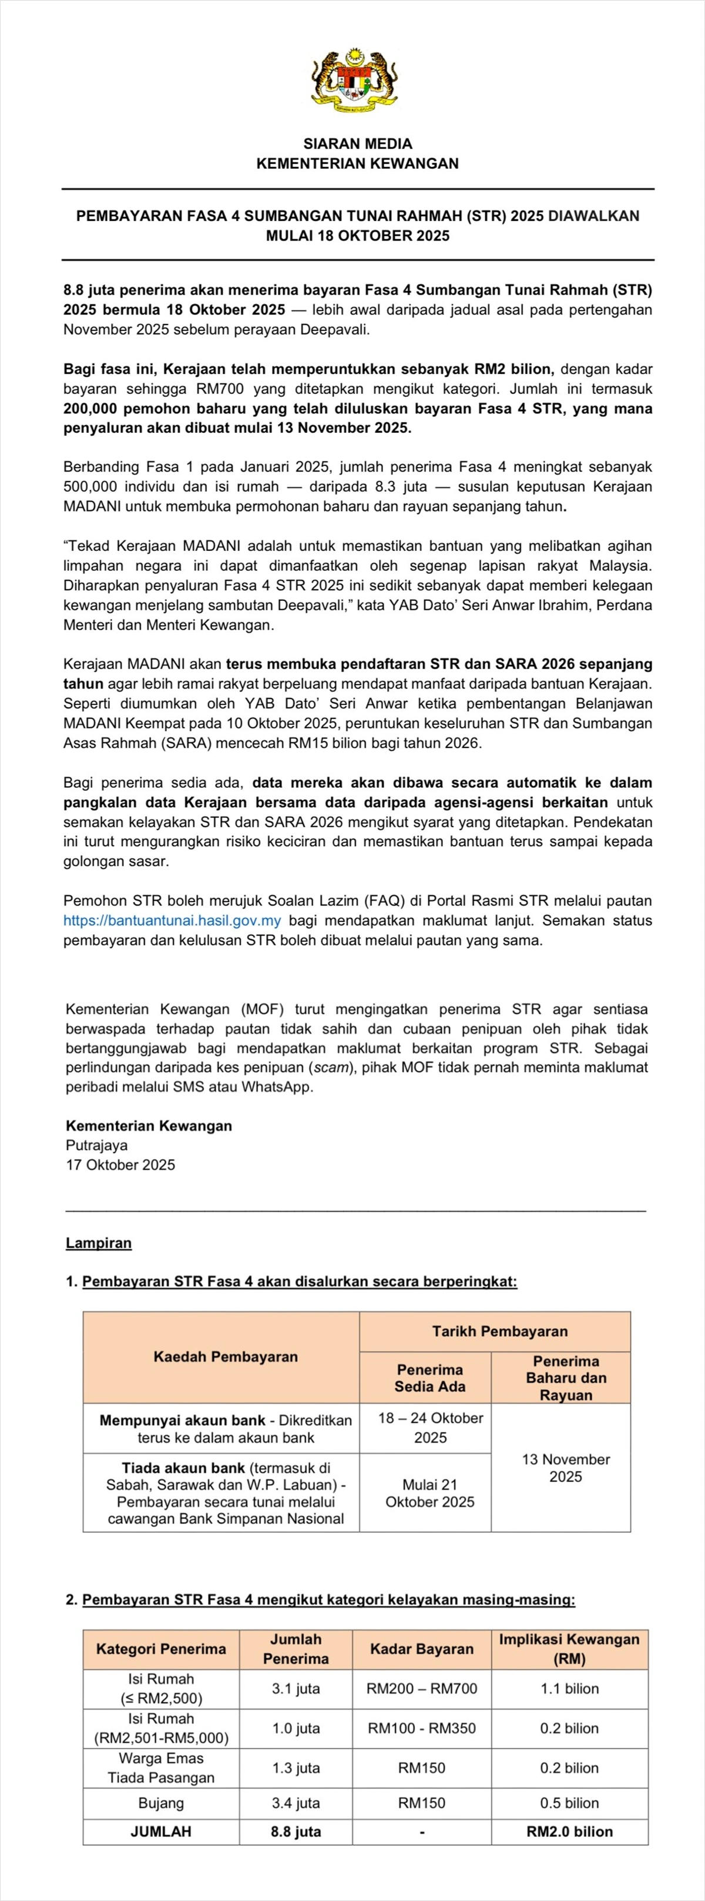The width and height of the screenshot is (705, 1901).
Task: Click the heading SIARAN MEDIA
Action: coord(358,144)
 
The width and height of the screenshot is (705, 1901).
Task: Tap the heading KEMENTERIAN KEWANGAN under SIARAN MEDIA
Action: coord(358,164)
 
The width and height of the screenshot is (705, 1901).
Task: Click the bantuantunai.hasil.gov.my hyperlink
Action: coord(172,920)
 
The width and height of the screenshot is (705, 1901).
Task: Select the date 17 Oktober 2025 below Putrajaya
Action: coord(120,1164)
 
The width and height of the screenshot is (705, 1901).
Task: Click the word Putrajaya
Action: coord(96,1145)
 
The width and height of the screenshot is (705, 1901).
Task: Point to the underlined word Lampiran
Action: coord(99,1242)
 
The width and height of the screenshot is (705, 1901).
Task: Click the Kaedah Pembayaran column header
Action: coord(225,1357)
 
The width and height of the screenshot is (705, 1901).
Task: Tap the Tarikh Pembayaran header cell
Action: coord(499,1331)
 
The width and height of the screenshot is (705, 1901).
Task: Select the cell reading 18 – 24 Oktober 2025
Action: coord(430,1427)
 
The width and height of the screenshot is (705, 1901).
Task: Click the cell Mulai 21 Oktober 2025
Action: coord(430,1492)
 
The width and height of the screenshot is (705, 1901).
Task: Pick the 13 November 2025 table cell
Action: coord(566,1467)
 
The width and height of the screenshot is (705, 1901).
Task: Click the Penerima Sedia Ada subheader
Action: coord(430,1378)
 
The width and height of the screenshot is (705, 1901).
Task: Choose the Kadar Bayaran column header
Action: coord(421,1649)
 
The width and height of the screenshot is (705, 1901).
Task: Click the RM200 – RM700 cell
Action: coord(421,1689)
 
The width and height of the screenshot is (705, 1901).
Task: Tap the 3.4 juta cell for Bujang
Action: coord(296,1803)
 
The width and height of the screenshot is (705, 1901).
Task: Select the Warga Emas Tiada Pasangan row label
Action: coord(161,1768)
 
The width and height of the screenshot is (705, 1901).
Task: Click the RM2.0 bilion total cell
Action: coord(569,1832)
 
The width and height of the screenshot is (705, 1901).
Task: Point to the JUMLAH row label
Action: coord(161,1832)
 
